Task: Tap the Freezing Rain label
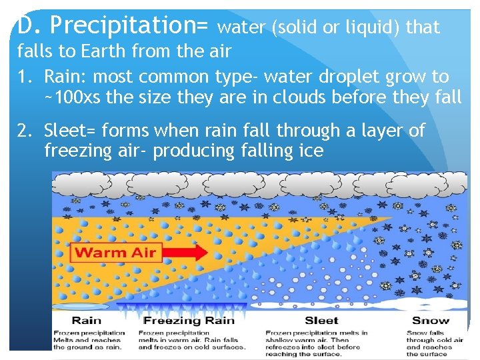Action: [189, 321]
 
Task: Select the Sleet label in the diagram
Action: [321, 321]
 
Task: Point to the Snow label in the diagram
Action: [431, 321]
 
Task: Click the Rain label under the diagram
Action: [87, 321]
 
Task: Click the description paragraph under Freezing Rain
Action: [191, 340]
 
